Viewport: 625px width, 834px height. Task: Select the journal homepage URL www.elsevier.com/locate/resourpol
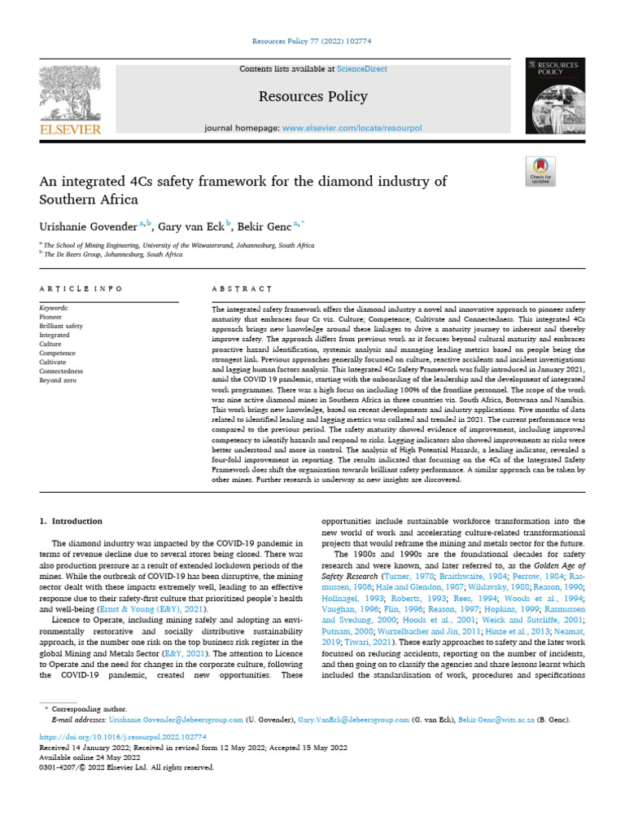point(354,129)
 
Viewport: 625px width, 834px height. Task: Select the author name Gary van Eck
point(190,224)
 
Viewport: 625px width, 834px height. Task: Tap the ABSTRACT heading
point(242,288)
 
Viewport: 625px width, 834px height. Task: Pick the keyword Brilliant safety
point(61,326)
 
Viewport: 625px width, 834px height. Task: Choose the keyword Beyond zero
point(57,380)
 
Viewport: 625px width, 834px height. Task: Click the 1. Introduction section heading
point(72,521)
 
